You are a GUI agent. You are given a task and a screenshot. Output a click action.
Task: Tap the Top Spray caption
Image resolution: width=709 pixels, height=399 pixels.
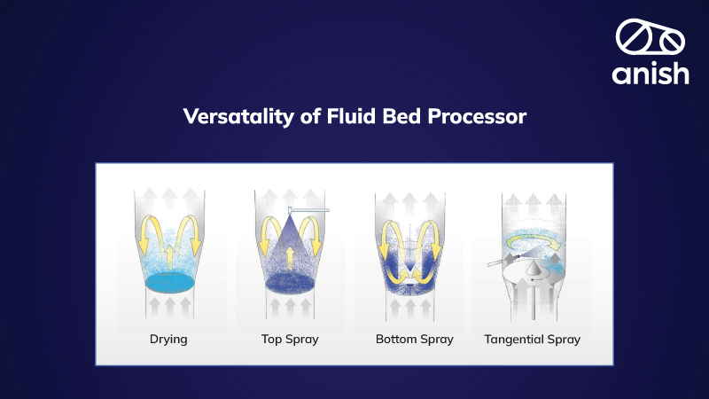pos(290,339)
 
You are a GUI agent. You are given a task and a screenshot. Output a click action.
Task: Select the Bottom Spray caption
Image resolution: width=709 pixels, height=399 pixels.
pos(414,339)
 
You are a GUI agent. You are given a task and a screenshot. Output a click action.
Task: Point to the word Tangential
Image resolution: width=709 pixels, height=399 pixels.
pos(515,339)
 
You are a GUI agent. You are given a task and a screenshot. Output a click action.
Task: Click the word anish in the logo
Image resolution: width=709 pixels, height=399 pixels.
pos(650,73)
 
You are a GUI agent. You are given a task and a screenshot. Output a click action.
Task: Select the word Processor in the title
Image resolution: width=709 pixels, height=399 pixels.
pos(482,116)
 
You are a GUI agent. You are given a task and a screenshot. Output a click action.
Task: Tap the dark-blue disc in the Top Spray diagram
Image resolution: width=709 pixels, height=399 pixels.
pos(290,283)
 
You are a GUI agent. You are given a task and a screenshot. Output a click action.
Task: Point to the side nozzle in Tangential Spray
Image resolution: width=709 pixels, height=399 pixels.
pos(497,263)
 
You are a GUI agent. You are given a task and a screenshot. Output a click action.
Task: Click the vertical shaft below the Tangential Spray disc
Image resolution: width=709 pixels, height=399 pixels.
pos(532,305)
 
